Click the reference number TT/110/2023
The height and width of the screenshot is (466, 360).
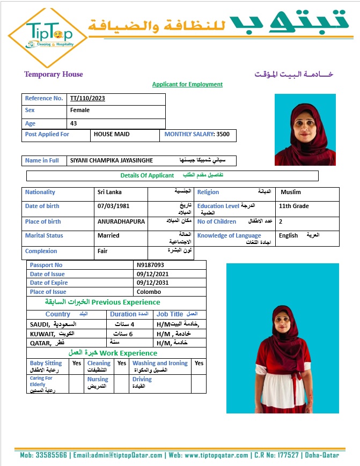click(87, 99)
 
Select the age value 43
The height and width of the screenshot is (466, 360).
click(74, 124)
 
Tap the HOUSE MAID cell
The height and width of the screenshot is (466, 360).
click(112, 135)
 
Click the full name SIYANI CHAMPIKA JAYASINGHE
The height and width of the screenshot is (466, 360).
click(112, 161)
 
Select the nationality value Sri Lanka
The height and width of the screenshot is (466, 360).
click(109, 193)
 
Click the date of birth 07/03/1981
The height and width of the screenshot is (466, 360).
click(114, 206)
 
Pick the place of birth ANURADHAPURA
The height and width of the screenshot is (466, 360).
click(121, 222)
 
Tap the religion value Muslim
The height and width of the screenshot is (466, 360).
click(291, 193)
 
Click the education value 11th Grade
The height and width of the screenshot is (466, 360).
click(293, 206)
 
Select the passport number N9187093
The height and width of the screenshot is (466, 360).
click(150, 265)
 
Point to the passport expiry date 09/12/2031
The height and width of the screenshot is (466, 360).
click(152, 283)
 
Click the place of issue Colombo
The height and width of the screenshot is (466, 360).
click(149, 292)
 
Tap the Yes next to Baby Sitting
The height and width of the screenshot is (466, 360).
click(77, 364)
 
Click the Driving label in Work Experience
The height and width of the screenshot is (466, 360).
click(142, 379)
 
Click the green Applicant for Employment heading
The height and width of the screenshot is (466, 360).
click(187, 85)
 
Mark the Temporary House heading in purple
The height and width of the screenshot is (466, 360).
click(54, 75)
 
